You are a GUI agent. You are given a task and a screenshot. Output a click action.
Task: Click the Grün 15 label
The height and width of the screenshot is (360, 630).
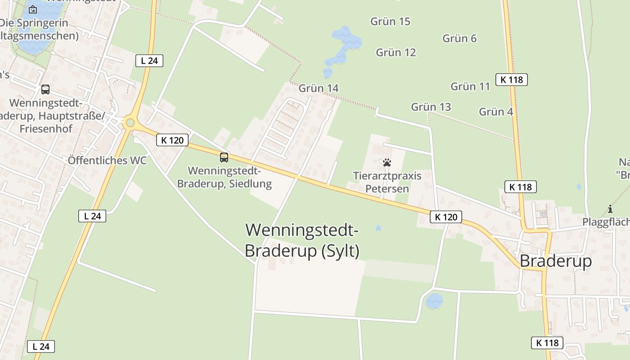[390, 21]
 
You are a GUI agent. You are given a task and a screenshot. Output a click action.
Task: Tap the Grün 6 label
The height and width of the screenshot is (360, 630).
[459, 38]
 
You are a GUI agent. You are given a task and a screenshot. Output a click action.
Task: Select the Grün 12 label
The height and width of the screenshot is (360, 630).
[396, 52]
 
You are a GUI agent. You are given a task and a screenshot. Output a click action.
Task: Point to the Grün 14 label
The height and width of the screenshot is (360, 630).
[319, 88]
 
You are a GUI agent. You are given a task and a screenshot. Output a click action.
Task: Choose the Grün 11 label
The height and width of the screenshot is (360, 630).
[470, 86]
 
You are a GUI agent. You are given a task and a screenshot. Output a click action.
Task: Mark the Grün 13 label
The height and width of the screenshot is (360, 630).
[431, 107]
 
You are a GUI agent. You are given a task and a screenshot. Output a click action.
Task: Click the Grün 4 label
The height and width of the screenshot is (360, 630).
[496, 112]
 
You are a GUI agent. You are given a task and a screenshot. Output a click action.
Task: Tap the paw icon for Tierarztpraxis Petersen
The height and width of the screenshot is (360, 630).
[387, 162]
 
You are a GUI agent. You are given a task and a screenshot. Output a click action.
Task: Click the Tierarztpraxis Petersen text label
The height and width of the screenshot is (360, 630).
[387, 182]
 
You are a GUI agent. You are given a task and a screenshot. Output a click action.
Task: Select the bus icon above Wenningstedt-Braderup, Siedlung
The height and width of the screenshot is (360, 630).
[224, 157]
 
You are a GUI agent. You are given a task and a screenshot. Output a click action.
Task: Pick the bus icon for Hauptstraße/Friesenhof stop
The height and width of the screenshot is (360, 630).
[45, 89]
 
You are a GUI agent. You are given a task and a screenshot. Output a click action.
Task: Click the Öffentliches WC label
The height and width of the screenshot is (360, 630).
[107, 161]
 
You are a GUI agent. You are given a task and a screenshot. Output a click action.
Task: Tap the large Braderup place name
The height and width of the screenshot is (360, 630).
[556, 261]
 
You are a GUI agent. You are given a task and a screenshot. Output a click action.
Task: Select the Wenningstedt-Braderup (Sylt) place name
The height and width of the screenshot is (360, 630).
[302, 240]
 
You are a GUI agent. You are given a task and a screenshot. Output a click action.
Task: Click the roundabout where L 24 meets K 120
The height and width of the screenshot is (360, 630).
[130, 122]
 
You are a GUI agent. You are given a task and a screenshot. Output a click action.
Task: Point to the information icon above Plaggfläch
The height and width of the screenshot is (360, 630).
[610, 209]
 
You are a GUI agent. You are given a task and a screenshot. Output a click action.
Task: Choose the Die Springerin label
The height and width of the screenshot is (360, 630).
[34, 23]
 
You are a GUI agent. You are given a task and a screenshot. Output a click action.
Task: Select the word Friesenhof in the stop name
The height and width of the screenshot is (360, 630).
[45, 129]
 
